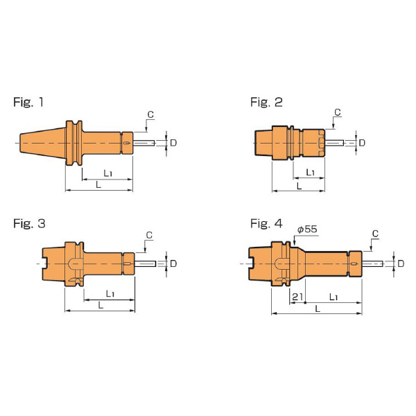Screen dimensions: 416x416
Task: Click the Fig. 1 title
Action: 28,102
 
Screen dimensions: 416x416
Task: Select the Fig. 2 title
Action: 266,102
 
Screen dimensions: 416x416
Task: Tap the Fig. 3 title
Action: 29,224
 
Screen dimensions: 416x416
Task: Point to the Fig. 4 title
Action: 266,224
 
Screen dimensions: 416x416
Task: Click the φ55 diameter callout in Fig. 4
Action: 307,229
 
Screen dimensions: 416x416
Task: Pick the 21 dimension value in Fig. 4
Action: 297,297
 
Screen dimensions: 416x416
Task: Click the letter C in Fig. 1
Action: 150,114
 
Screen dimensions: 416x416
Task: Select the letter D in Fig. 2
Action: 362,143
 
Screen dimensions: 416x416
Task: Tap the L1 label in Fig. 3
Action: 110,294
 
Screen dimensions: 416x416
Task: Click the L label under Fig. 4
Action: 318,309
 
